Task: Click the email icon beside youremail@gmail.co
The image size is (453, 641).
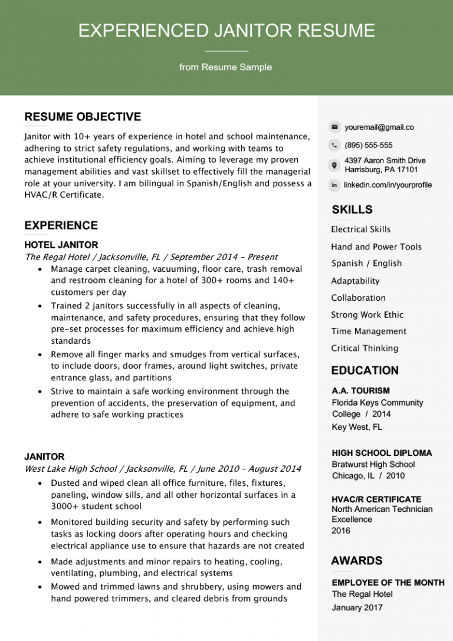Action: [334, 127]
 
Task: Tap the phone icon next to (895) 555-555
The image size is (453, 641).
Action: [334, 145]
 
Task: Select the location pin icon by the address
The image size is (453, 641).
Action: [334, 165]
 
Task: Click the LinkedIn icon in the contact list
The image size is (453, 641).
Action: [334, 185]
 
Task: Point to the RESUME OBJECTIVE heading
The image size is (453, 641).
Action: [83, 117]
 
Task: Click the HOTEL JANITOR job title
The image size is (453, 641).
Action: [61, 245]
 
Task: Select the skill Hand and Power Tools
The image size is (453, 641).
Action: [376, 247]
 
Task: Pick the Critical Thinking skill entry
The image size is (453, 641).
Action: [365, 349]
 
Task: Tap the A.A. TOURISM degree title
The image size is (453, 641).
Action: [361, 390]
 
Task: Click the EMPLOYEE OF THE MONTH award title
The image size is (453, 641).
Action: [388, 583]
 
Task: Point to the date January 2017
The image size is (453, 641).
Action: [357, 607]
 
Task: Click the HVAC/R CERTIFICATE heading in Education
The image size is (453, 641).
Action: [376, 499]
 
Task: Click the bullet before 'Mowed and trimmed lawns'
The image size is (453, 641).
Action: [39, 587]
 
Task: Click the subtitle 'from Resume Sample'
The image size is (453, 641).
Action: [226, 67]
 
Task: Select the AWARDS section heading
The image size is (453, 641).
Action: [357, 561]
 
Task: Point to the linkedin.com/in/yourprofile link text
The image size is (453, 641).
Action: [388, 185]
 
